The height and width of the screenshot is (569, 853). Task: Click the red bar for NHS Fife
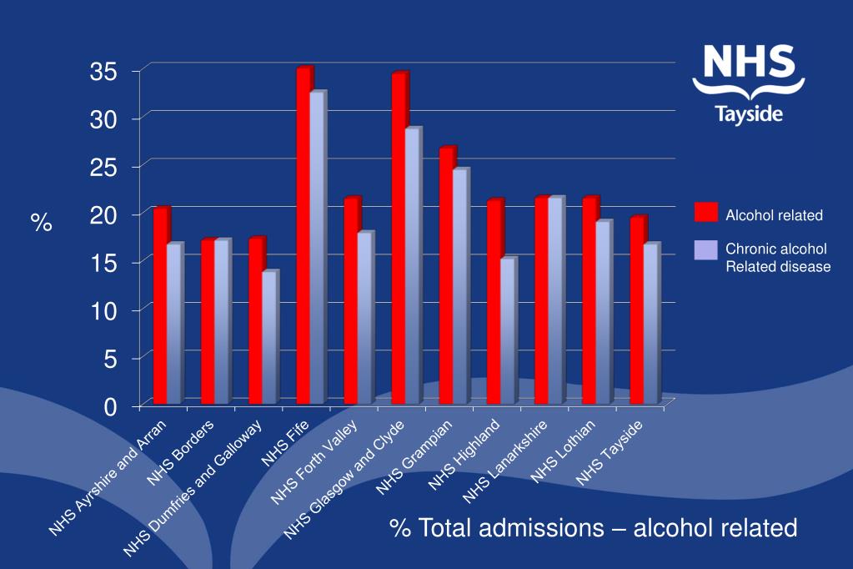pos(304,238)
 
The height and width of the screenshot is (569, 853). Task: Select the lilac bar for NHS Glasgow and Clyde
pos(412,267)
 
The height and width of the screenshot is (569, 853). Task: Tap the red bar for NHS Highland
pos(494,302)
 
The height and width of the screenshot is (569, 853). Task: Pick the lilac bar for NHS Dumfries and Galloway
pos(268,338)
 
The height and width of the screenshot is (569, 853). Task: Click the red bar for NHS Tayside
pos(637,310)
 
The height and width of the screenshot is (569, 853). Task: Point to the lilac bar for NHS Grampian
pos(459,287)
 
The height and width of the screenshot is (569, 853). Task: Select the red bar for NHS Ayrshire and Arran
pos(161,306)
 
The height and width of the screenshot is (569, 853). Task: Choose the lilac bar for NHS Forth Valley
pos(364,319)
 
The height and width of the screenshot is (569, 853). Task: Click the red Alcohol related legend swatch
pos(705,214)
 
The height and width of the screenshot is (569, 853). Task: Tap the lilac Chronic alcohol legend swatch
pos(705,249)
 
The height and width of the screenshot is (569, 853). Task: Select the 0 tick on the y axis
pos(117,406)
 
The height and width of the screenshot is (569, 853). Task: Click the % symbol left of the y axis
pos(41,223)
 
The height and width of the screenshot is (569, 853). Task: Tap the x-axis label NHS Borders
pos(182,452)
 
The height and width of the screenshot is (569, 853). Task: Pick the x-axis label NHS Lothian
pos(564,451)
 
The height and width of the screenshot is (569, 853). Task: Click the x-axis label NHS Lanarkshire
pos(506,461)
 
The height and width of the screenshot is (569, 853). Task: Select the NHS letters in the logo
pos(748,66)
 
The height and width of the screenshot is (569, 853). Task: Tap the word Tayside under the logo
pos(749,114)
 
